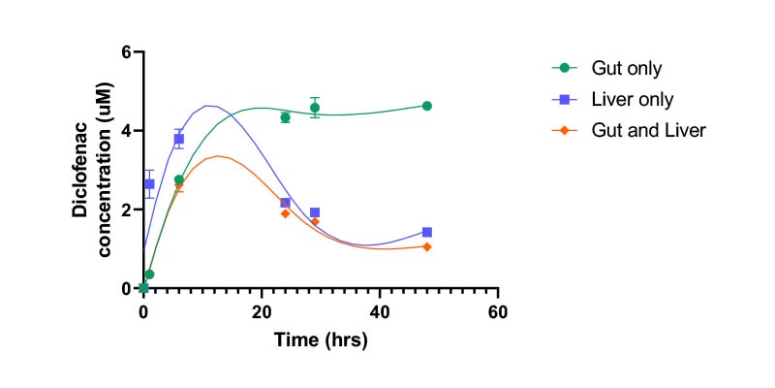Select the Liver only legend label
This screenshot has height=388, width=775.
(x=633, y=99)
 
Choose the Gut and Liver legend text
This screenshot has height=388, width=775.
(x=649, y=130)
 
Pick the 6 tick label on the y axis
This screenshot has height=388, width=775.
(x=125, y=51)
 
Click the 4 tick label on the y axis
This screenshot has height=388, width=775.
(x=125, y=131)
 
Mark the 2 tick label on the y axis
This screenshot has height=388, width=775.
(x=125, y=210)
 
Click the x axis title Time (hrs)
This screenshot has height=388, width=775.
(x=321, y=340)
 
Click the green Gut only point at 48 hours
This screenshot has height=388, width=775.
(x=427, y=106)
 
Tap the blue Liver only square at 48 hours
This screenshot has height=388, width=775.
(x=427, y=232)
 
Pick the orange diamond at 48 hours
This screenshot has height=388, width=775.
(x=427, y=246)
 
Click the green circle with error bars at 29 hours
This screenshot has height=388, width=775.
(x=315, y=108)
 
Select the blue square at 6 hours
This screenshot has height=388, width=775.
(x=179, y=139)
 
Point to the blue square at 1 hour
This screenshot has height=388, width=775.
(x=149, y=183)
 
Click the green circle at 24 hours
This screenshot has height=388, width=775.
(x=285, y=117)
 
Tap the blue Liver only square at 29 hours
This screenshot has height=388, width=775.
(x=315, y=212)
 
